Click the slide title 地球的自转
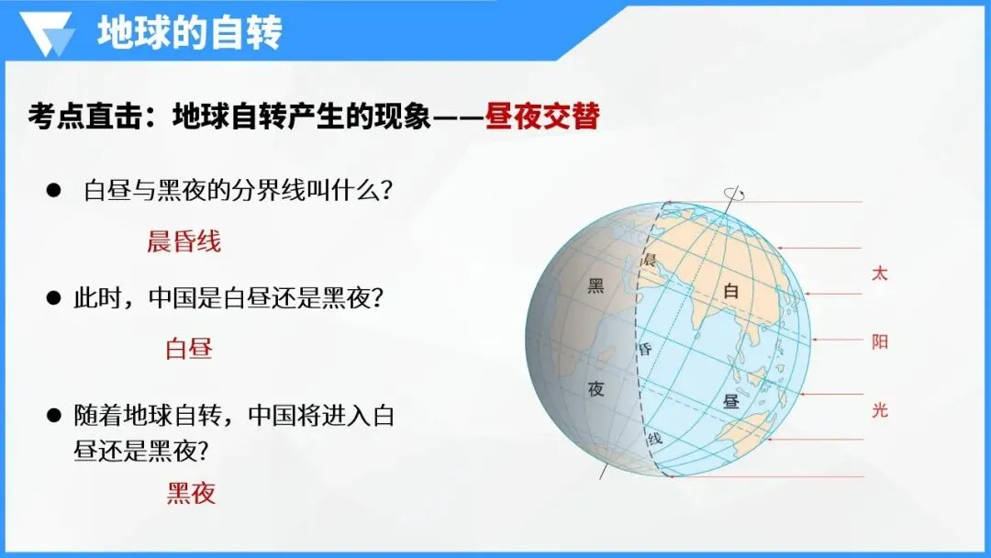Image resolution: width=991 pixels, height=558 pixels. (189, 33)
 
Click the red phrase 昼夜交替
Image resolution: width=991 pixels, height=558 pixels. (542, 117)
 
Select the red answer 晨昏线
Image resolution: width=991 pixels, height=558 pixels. (184, 241)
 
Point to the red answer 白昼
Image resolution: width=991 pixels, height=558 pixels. (189, 348)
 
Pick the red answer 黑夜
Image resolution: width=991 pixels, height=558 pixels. (191, 493)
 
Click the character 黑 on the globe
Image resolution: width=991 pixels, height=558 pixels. (596, 286)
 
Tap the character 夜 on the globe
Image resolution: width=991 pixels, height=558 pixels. (596, 388)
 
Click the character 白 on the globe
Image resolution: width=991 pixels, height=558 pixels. (731, 292)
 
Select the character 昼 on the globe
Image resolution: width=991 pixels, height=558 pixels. (731, 401)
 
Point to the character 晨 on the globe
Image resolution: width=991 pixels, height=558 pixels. (651, 260)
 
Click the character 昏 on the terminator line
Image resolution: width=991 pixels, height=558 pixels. (645, 349)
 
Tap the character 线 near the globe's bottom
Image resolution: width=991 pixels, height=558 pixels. (654, 439)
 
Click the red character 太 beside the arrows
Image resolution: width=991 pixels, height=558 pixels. (879, 273)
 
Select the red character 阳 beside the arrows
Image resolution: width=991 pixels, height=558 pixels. (879, 342)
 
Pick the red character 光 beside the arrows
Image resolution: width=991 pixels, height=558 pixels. (879, 410)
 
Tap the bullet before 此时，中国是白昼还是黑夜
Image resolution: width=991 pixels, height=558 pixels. (53, 297)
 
